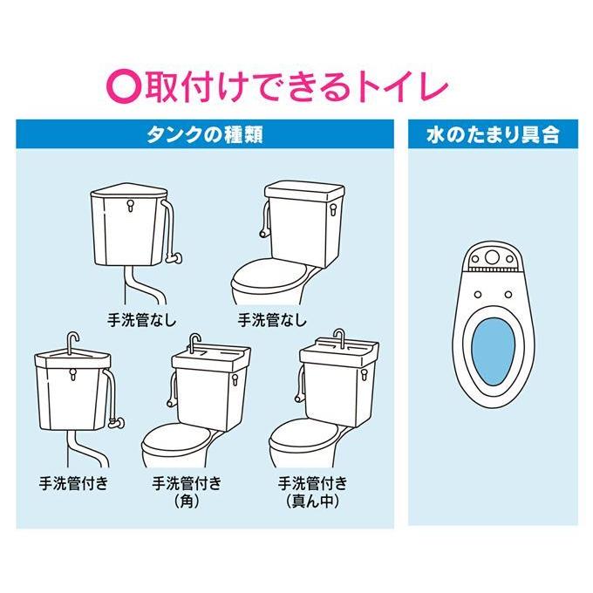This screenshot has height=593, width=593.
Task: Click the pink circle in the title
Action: click(124, 88)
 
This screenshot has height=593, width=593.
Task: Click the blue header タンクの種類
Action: click(205, 134)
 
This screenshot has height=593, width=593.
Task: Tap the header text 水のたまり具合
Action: click(493, 135)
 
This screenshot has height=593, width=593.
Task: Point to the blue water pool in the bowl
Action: click(494, 351)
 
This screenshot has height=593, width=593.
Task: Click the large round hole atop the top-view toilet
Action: click(492, 257)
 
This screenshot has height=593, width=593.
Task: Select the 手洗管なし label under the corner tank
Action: click(142, 320)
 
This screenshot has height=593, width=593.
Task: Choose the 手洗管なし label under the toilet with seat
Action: click(272, 320)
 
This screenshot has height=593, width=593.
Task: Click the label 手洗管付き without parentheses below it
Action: click(74, 484)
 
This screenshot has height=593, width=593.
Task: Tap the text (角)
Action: click(187, 501)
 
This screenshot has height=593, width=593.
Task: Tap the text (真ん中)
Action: click(312, 501)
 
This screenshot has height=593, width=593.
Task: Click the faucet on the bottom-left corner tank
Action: click(72, 342)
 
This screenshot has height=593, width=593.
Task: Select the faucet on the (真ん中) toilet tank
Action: click(339, 337)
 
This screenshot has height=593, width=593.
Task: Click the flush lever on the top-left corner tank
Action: click(131, 205)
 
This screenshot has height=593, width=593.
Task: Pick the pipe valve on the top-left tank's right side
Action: click(174, 258)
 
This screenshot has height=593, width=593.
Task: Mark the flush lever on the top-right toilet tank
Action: click(333, 209)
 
